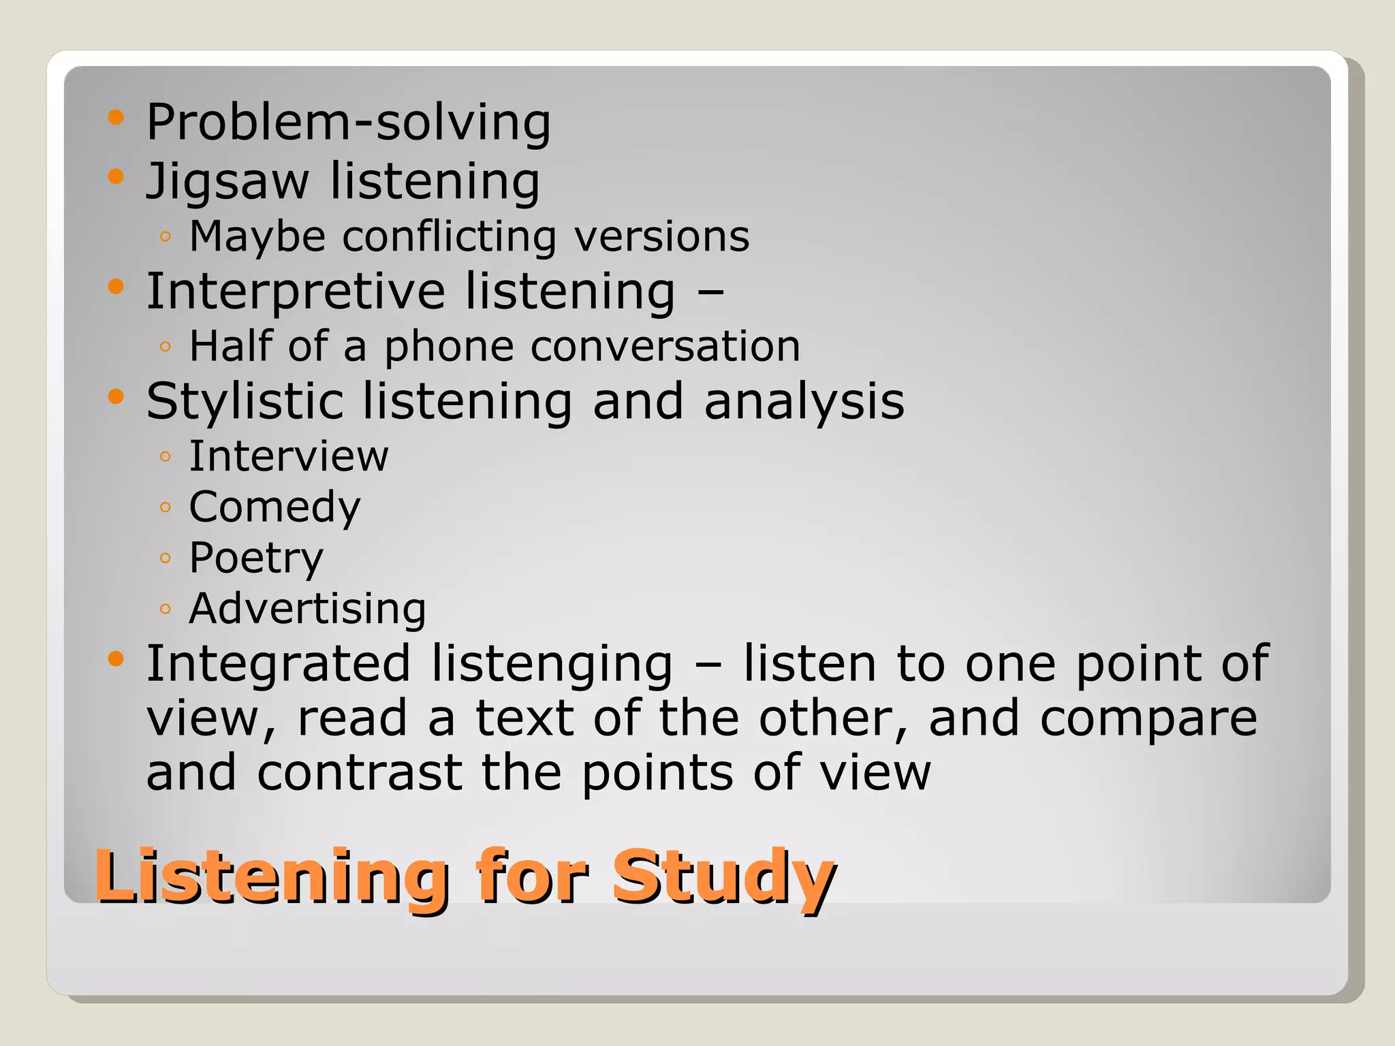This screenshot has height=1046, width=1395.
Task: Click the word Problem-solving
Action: coord(348,123)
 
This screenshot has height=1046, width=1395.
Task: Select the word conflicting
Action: coord(449,237)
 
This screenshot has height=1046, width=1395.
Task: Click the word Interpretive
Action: coord(296,291)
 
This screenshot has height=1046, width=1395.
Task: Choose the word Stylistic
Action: coord(245,401)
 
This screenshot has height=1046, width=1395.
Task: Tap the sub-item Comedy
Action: coord(275,507)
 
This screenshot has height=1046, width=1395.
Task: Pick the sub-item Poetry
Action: coord(256,558)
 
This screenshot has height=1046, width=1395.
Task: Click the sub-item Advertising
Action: coord(307,608)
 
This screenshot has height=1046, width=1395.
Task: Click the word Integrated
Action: coord(279,664)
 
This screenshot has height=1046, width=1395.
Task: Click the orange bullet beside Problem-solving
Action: coord(116,118)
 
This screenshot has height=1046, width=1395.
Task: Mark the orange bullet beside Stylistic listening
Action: coord(116,396)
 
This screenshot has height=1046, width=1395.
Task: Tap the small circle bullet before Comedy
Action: coord(165,507)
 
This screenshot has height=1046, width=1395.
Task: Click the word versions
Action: coord(661,237)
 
